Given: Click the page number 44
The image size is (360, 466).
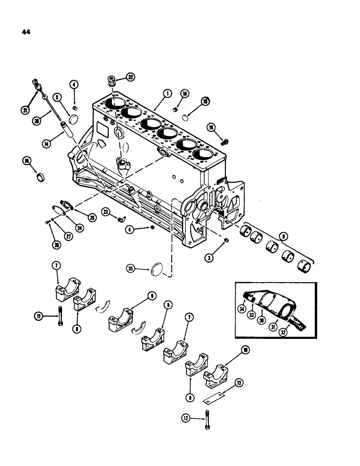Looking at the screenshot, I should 25,33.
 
